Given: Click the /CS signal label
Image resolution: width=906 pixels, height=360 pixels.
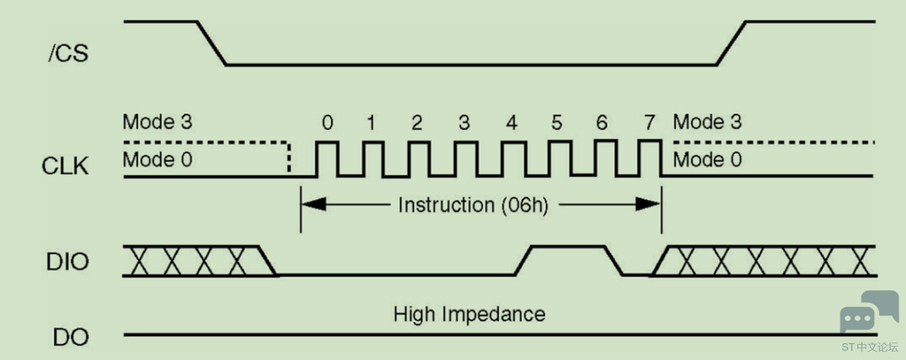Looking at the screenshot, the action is click(68, 54).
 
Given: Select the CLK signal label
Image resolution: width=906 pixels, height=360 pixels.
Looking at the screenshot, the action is click(65, 166).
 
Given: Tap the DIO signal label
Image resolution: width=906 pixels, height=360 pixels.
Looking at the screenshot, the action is click(68, 262).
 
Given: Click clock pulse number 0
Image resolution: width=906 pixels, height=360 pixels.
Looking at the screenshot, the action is click(327, 159).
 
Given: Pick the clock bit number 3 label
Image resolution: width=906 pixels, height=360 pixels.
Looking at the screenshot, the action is click(464, 123).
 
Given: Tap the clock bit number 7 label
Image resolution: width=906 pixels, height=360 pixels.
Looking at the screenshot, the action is click(650, 123).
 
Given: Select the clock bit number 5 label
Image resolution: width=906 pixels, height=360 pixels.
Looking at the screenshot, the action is click(556, 123).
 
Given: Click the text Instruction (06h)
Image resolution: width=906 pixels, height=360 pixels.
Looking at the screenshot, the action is click(472, 205).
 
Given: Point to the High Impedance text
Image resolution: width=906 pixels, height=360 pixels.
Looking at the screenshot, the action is click(469, 315).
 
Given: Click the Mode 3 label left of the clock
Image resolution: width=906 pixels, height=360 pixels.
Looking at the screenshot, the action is click(157, 123).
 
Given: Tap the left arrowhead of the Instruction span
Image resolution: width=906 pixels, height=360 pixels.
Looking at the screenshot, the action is click(314, 204).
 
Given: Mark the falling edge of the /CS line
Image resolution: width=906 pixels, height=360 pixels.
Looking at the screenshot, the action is click(211, 44).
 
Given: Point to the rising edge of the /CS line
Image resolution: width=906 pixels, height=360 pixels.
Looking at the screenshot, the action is click(731, 44).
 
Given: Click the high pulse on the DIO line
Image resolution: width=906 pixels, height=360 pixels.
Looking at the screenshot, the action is click(569, 248).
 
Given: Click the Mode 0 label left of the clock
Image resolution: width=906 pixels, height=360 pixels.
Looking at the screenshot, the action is click(157, 159).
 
